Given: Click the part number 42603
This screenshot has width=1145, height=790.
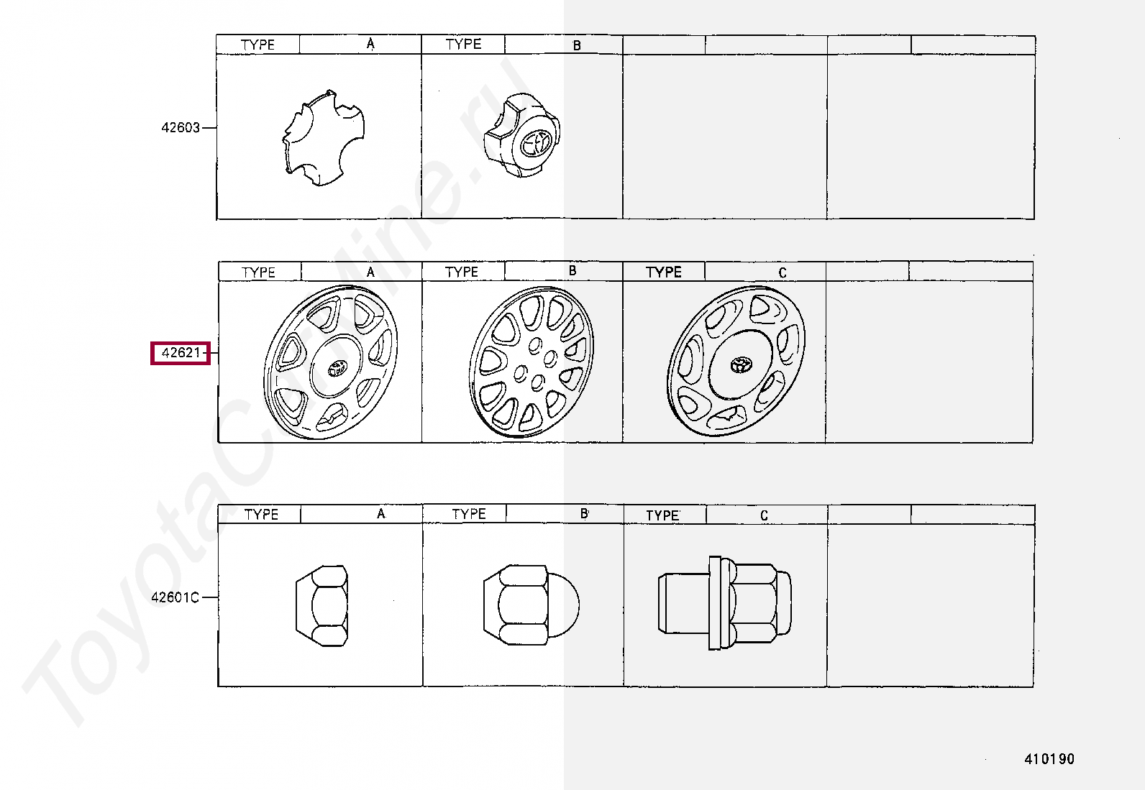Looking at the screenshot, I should [181, 128].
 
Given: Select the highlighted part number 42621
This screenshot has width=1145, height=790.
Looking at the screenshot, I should [181, 353].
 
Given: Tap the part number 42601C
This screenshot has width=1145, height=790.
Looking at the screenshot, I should [175, 597].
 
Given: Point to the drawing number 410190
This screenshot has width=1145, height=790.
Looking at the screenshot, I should [1049, 759].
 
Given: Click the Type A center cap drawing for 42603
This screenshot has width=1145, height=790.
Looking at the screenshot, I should [324, 138].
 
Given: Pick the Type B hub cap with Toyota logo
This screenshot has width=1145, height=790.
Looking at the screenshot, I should [523, 136].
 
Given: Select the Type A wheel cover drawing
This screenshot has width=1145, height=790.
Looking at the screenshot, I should [331, 362].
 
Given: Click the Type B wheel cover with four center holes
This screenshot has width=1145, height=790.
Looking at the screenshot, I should [531, 362].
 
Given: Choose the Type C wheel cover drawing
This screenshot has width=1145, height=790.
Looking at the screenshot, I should [736, 362].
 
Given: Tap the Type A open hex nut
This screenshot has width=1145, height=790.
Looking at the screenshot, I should [321, 605].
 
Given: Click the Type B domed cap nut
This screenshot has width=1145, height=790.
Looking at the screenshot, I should [530, 605].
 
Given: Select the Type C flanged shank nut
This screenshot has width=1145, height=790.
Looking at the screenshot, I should [724, 603].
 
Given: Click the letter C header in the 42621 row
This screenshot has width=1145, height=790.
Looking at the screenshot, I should [783, 272].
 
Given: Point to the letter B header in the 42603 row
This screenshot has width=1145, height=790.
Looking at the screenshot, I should [577, 45].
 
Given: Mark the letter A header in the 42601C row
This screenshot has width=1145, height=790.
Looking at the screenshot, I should [380, 514].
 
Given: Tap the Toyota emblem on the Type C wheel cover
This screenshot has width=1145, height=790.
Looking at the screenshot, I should [740, 364].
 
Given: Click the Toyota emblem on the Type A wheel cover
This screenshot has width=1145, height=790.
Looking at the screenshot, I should [336, 368].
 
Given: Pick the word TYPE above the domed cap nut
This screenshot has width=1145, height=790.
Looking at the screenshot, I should [469, 514].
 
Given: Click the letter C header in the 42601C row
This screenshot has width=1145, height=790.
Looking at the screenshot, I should [764, 515].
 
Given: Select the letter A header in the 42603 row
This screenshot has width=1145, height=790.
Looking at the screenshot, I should [370, 44].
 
